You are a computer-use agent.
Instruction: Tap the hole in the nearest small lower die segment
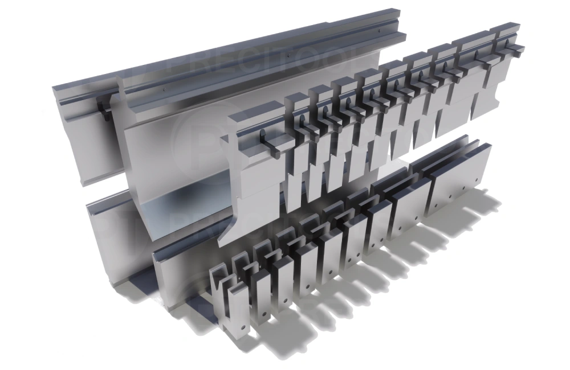243,328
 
